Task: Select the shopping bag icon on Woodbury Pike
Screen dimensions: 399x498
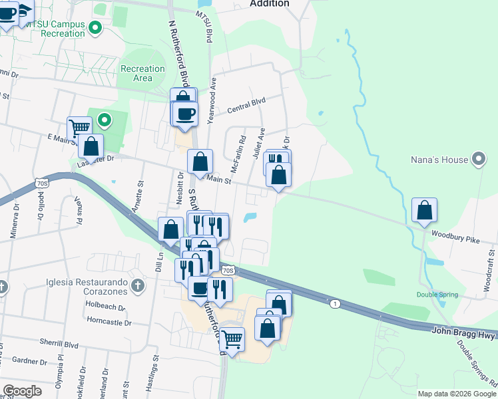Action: pyautogui.click(x=424, y=210)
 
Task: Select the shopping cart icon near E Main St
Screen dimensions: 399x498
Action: pyautogui.click(x=79, y=127)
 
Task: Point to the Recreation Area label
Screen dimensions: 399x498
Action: pyautogui.click(x=142, y=73)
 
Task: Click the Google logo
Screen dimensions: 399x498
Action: pyautogui.click(x=22, y=391)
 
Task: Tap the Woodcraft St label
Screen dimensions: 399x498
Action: pyautogui.click(x=489, y=271)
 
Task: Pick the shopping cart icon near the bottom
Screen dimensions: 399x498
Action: pyautogui.click(x=231, y=339)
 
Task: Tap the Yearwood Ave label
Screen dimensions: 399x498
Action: pyautogui.click(x=212, y=100)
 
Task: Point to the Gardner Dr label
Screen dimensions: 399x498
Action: pyautogui.click(x=29, y=362)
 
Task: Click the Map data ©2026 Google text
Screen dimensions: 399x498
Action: pyautogui.click(x=457, y=394)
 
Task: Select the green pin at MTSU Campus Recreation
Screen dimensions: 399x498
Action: pyautogui.click(x=95, y=28)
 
